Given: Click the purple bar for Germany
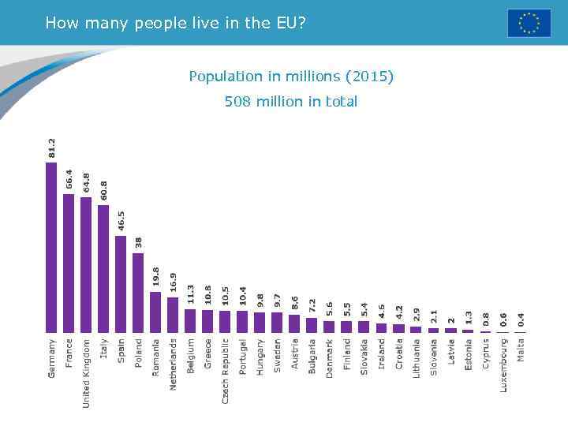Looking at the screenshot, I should coord(51,246).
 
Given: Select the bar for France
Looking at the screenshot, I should coord(69,262).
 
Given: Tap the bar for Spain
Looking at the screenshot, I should coord(121,283).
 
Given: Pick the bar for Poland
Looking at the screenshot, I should coord(138,292).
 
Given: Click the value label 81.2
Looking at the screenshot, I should coord(52,148).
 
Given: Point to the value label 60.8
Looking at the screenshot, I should coord(103,190).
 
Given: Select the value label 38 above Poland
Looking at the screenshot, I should coord(138,242).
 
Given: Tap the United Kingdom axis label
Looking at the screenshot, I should coord(87,373).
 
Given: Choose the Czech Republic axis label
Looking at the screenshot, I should coord(226,372).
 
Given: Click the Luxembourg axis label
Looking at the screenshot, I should coord(503,365).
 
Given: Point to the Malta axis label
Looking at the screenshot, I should coord(521,350).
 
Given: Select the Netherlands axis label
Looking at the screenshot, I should coord(174,364).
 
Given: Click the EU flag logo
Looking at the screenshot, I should coord(529,23).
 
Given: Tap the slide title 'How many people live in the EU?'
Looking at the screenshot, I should coord(175,23).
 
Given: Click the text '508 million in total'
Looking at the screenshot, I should coord(290,102).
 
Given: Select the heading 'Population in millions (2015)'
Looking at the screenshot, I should coord(290,77).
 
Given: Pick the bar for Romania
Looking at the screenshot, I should coord(155,312).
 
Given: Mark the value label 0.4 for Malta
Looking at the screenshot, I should coord(521,319).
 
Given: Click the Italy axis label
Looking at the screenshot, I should coord(104,349).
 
